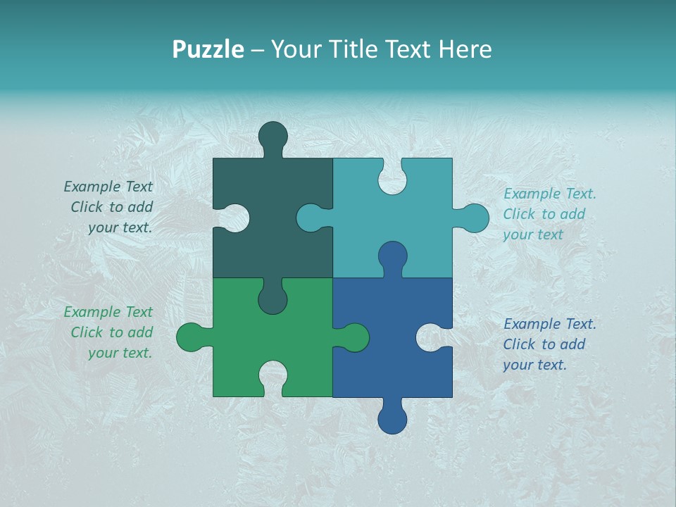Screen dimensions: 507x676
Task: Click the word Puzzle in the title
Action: click(208, 50)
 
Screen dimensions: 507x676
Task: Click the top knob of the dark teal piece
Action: click(273, 136)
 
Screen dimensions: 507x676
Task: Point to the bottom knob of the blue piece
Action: click(392, 420)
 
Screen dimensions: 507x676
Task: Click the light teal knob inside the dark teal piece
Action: click(311, 218)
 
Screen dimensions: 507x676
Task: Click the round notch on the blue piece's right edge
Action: click(430, 337)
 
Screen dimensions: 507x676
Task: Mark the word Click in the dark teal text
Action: click(87, 207)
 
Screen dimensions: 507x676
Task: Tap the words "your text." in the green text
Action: click(120, 353)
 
